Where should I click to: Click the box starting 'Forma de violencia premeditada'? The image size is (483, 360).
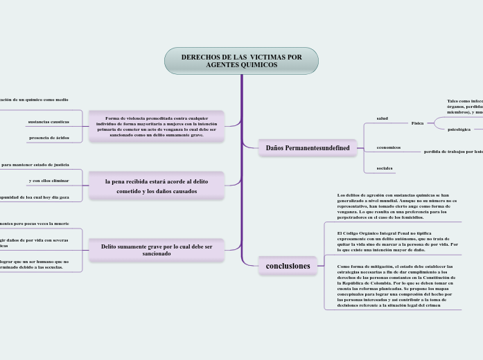pyautogui.click(x=156, y=125)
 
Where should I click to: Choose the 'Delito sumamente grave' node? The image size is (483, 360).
pyautogui.click(x=156, y=250)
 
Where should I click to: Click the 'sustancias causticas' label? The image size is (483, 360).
pyautogui.click(x=49, y=122)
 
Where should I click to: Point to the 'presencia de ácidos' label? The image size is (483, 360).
pyautogui.click(x=49, y=138)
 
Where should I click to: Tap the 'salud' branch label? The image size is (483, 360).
pyautogui.click(x=382, y=118)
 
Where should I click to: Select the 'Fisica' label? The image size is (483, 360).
pyautogui.click(x=417, y=123)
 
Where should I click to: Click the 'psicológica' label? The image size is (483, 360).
pyautogui.click(x=459, y=129)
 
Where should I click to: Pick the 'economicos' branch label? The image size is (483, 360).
pyautogui.click(x=388, y=147)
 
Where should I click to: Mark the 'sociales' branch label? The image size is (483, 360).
pyautogui.click(x=385, y=168)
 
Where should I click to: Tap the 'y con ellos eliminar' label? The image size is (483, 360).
pyautogui.click(x=49, y=181)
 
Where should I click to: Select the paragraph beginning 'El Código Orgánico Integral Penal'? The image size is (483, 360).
pyautogui.click(x=397, y=239)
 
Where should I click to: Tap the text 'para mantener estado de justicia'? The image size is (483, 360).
pyautogui.click(x=35, y=165)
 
